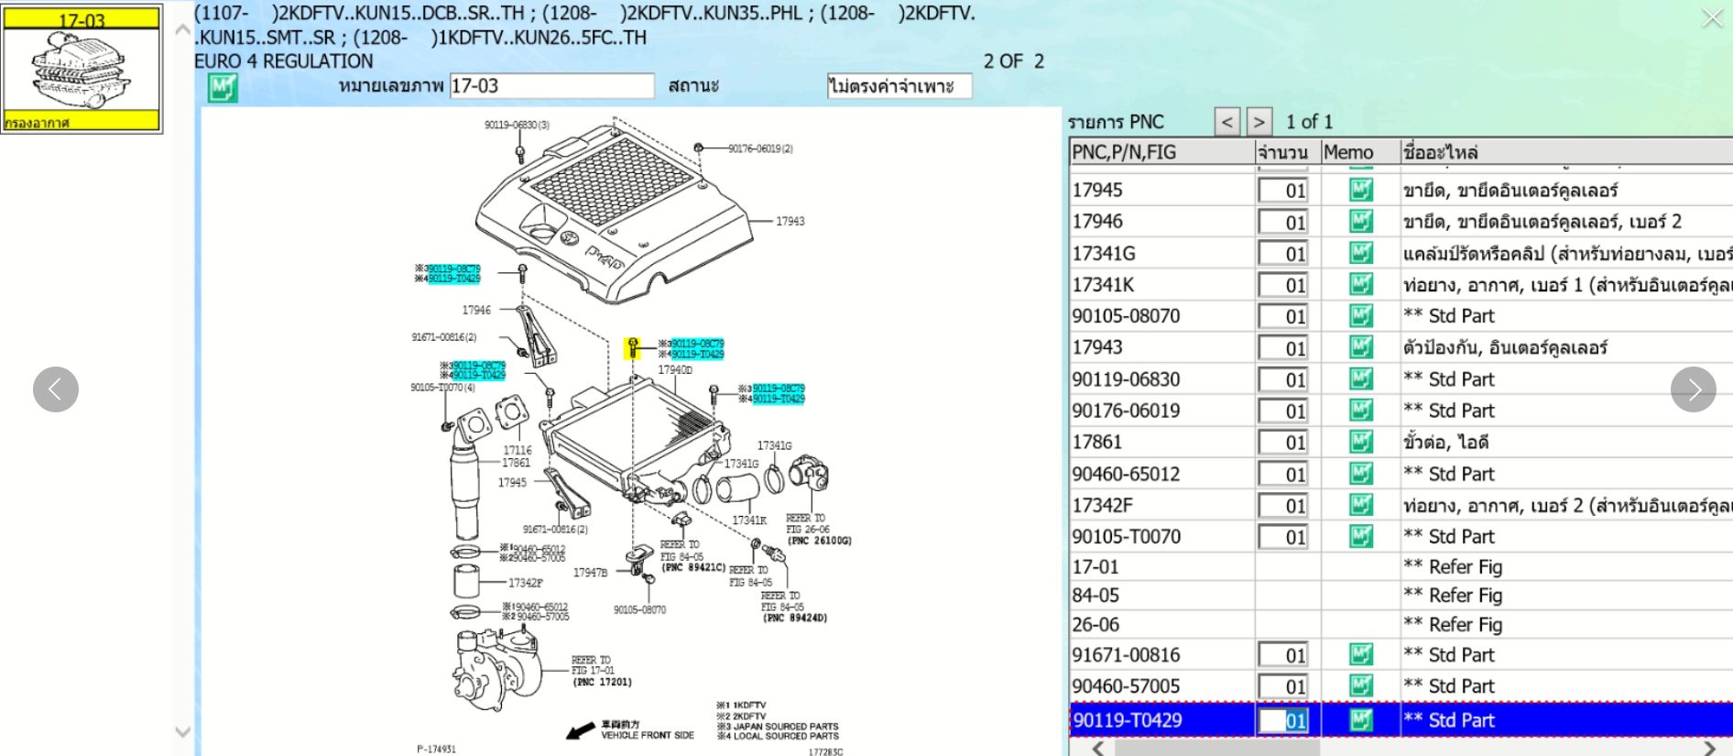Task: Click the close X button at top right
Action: (x=1711, y=17)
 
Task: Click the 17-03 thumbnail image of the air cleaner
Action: (x=82, y=69)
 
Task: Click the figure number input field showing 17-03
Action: (x=551, y=86)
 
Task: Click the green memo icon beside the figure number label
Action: (x=223, y=88)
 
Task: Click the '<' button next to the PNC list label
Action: (x=1227, y=122)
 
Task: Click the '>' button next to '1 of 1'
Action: (x=1259, y=122)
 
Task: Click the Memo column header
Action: (x=1348, y=152)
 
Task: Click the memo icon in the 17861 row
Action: (x=1361, y=442)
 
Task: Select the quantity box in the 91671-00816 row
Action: (x=1283, y=655)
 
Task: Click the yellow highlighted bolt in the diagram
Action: (x=632, y=348)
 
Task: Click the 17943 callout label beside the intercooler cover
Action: (x=790, y=221)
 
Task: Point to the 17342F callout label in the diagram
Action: (x=526, y=583)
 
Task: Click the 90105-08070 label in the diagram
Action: (x=639, y=609)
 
